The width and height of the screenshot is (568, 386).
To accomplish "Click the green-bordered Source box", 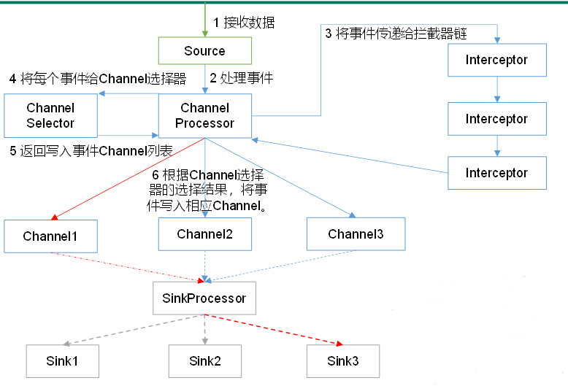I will click(204, 51).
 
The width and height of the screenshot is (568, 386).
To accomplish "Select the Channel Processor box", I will click(204, 115).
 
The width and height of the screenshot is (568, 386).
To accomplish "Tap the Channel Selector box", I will click(50, 115).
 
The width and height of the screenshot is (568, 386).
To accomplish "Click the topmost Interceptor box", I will click(496, 60).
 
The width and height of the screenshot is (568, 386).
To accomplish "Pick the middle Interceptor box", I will click(496, 119).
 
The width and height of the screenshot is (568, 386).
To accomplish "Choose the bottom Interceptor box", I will click(496, 173).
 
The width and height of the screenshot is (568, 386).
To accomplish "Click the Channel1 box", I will click(50, 236).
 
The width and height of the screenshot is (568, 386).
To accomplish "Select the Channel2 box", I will click(204, 234).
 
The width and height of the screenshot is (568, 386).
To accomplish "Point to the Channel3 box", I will click(356, 234).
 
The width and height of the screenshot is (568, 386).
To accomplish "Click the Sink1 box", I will click(61, 360).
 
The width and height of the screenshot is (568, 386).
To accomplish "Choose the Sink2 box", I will click(204, 360).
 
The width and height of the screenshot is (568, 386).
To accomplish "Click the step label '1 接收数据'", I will click(244, 23).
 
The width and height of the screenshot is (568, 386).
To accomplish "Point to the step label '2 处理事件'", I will click(241, 78).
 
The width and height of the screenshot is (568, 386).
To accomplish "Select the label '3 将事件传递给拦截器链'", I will click(395, 34).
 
